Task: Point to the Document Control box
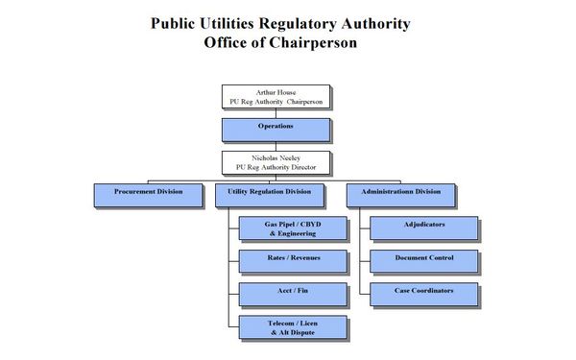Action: click(424, 260)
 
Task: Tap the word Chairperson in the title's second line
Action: click(316, 42)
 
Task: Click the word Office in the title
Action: click(228, 42)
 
